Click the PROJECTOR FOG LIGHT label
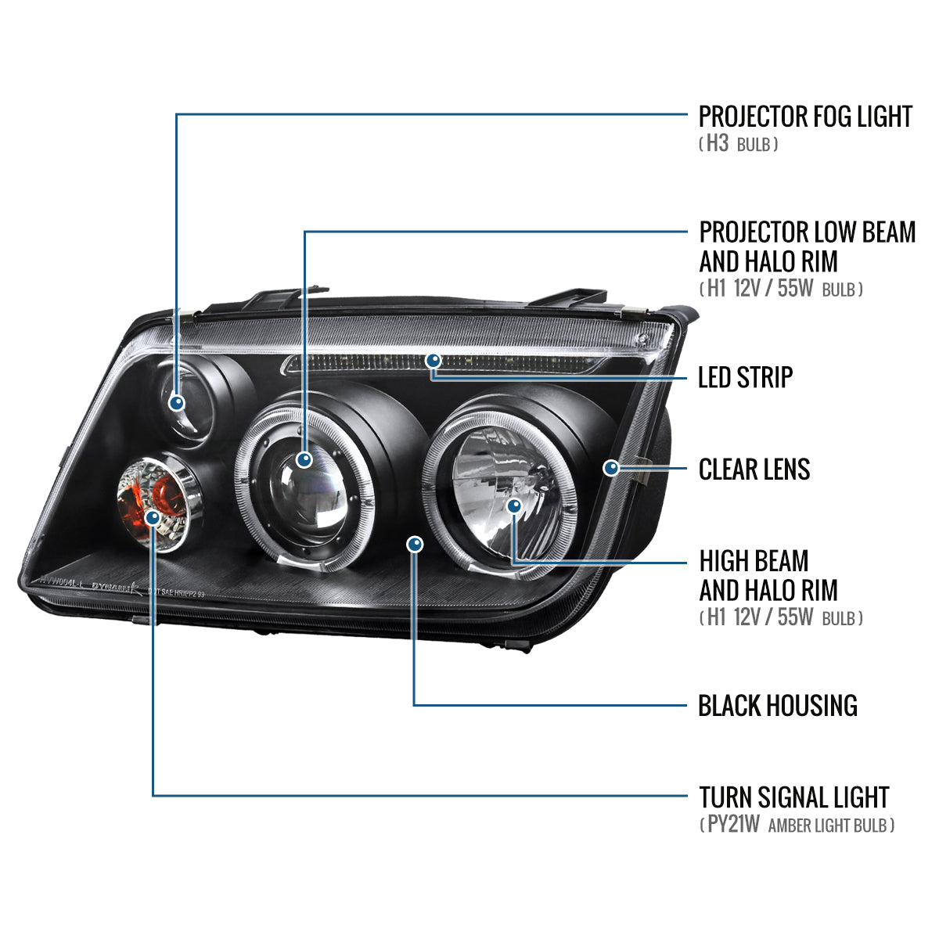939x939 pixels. (804, 117)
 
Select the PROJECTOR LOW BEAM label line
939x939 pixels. (806, 232)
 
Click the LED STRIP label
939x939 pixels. (745, 377)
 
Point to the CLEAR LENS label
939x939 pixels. (754, 469)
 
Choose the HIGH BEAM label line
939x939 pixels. (754, 561)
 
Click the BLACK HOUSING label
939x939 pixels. (777, 706)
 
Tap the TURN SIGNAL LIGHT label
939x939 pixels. (793, 797)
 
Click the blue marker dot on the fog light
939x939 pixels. (177, 403)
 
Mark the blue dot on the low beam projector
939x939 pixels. (304, 459)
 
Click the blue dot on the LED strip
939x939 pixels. (433, 361)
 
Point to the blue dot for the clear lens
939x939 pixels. (611, 468)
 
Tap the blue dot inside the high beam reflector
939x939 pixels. (513, 506)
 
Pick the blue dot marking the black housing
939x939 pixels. (416, 544)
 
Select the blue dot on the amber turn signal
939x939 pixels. (153, 517)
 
